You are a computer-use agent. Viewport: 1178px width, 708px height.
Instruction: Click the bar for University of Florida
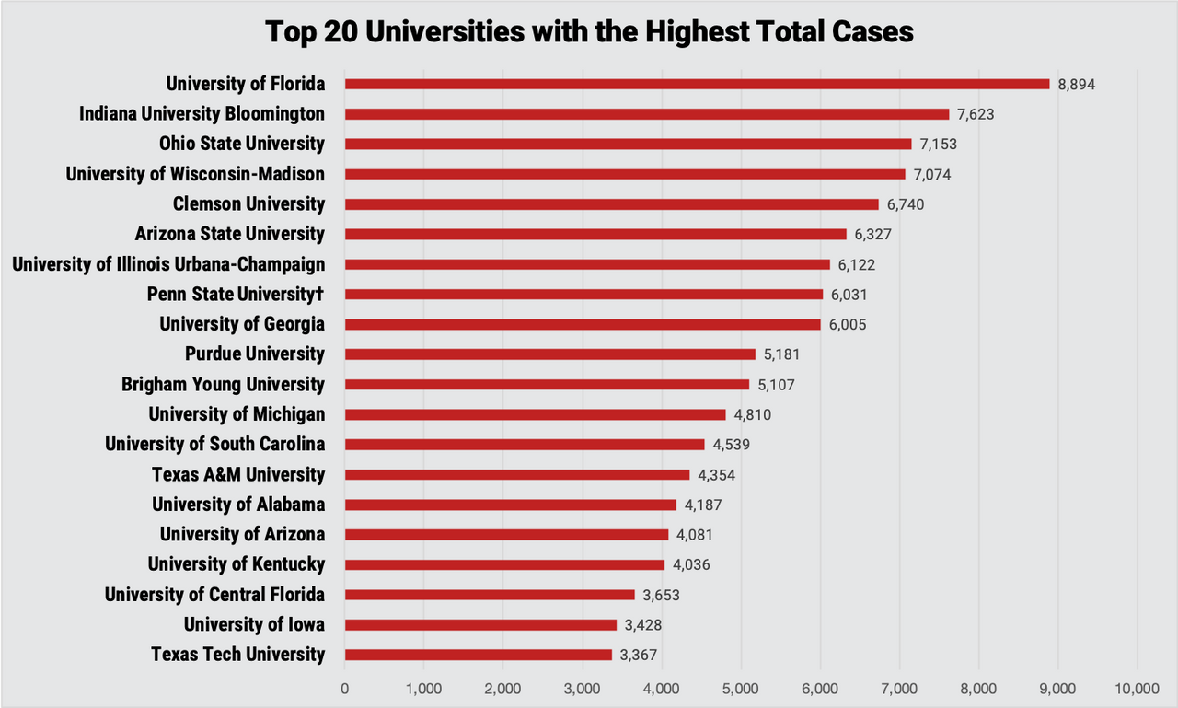click(697, 84)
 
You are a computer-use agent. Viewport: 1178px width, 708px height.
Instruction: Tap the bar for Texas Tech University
click(479, 655)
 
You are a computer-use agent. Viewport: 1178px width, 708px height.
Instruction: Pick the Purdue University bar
click(550, 354)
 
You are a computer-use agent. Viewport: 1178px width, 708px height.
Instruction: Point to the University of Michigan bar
click(536, 414)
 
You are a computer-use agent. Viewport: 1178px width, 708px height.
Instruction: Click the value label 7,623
click(976, 114)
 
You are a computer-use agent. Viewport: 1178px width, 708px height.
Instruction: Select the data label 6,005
click(848, 325)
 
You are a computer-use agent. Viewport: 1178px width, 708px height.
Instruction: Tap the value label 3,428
click(643, 625)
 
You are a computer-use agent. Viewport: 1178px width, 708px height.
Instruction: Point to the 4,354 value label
click(717, 475)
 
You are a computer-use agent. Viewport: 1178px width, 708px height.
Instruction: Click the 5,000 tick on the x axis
click(740, 688)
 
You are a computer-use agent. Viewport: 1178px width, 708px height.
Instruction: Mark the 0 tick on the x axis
click(345, 688)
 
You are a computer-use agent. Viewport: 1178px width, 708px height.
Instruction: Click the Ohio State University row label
click(241, 144)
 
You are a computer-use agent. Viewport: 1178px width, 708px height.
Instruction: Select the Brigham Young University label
click(223, 384)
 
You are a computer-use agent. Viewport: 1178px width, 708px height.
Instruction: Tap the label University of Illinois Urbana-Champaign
click(168, 264)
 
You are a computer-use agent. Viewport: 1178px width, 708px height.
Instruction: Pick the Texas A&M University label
click(238, 474)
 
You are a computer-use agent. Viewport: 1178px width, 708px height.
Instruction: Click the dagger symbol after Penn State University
click(321, 294)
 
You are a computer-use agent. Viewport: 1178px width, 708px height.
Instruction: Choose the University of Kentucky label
click(237, 564)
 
